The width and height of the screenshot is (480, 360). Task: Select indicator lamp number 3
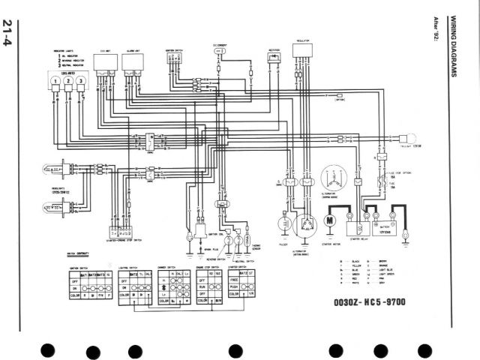click(80, 81)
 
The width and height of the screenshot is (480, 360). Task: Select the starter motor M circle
click(328, 221)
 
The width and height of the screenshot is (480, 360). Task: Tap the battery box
click(385, 224)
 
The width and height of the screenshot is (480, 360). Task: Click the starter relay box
click(358, 225)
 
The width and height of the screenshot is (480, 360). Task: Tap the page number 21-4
click(8, 34)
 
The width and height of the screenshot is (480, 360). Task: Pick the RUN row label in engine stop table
click(202, 286)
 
